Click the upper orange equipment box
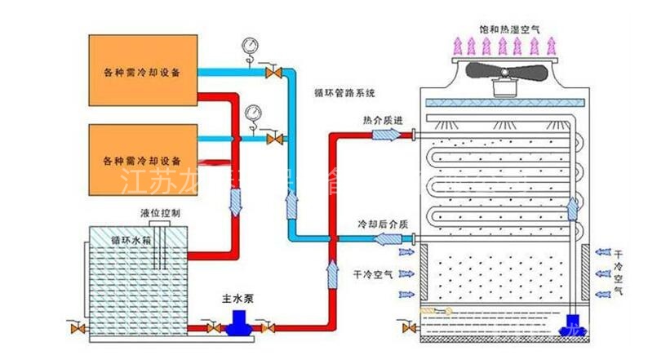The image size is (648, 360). [144, 70]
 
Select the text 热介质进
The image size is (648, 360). [383, 121]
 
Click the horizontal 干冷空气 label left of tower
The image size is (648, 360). [371, 273]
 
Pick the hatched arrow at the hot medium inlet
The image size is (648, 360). [383, 134]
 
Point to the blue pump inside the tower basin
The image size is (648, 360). [567, 328]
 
